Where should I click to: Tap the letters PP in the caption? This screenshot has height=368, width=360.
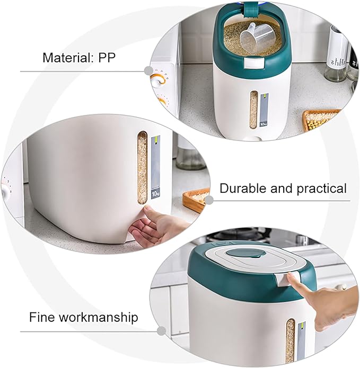point(107,57)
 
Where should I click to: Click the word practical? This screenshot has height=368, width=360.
point(322,189)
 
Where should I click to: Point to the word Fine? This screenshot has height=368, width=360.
point(42,317)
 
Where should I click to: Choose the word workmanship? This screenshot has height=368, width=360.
point(98,318)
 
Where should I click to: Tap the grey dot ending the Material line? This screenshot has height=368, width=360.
point(148,70)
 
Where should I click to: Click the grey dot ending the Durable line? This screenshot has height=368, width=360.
point(209,200)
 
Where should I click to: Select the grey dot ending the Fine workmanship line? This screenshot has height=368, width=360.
point(161,331)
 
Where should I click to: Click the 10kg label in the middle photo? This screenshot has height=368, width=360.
point(155,194)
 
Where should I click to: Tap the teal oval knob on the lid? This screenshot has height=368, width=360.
point(245,254)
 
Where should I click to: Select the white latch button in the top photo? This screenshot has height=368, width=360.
point(253,62)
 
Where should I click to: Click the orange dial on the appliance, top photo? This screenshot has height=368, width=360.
point(157,78)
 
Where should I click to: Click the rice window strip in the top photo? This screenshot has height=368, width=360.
point(253,110)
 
